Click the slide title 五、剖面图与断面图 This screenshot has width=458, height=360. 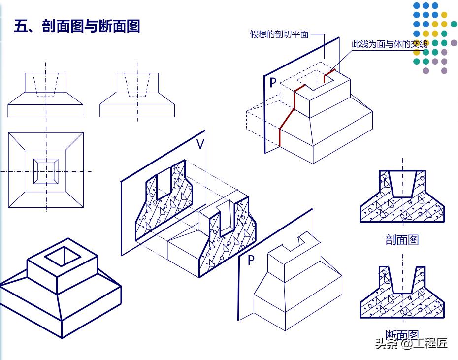click(77, 26)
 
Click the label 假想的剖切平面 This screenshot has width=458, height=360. click(279, 34)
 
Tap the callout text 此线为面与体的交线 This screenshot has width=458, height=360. click(389, 44)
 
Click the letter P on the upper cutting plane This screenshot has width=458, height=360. click(273, 83)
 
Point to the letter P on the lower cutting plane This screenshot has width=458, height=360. click(251, 260)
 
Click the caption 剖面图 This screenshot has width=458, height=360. click(402, 240)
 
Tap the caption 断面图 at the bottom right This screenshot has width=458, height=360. click(402, 335)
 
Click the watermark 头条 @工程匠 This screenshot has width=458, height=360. click(411, 344)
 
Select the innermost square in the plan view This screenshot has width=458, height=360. click(45, 171)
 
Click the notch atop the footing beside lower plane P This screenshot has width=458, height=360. click(304, 241)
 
